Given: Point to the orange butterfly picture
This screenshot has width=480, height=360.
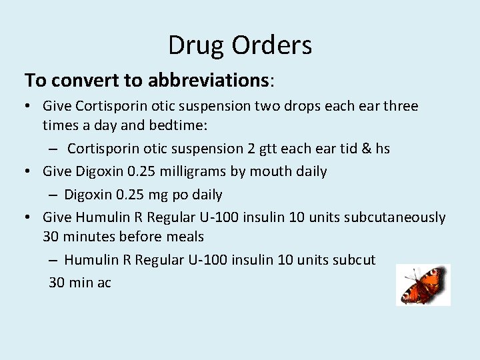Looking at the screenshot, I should tap(423, 285).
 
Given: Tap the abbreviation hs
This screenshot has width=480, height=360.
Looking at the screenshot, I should tap(383, 149).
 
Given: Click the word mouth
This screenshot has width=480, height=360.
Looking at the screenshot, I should tap(272, 171).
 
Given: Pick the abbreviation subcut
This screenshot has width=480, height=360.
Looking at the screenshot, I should tap(354, 259).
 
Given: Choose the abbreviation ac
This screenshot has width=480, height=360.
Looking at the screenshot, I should tap(104, 283).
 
